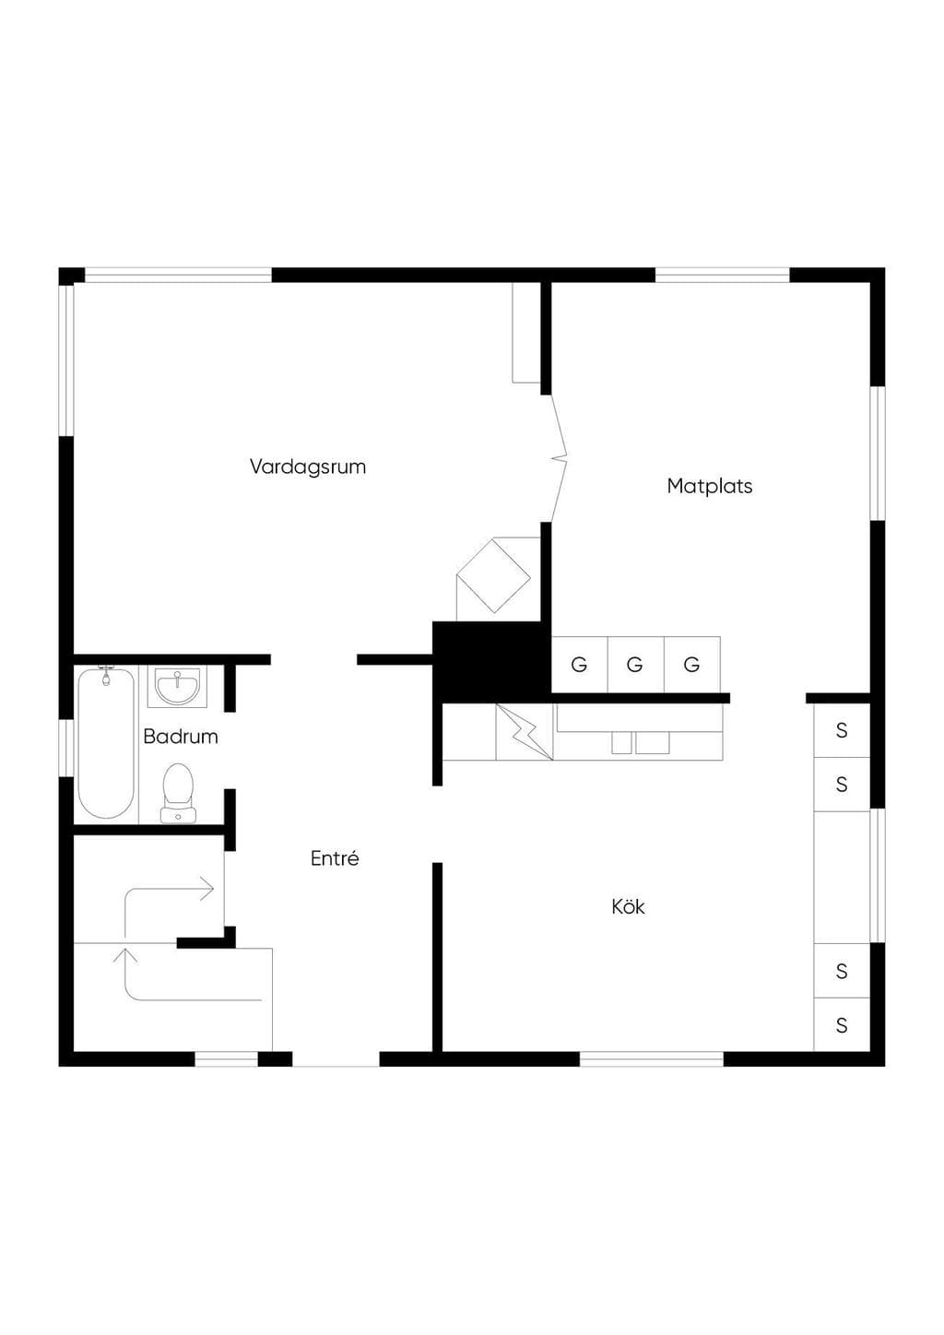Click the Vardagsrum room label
click(308, 467)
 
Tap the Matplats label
click(709, 486)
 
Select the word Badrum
click(181, 737)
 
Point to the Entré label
click(335, 857)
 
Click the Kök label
click(628, 906)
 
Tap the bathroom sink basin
click(177, 687)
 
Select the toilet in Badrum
click(178, 793)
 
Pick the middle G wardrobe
click(635, 665)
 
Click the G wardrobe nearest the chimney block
click(579, 665)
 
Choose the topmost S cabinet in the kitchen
click(842, 730)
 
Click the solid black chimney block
click(491, 662)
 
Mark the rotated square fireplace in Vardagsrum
click(493, 576)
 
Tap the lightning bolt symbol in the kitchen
click(525, 732)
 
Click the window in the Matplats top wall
click(723, 275)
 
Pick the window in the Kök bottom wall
click(652, 1059)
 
